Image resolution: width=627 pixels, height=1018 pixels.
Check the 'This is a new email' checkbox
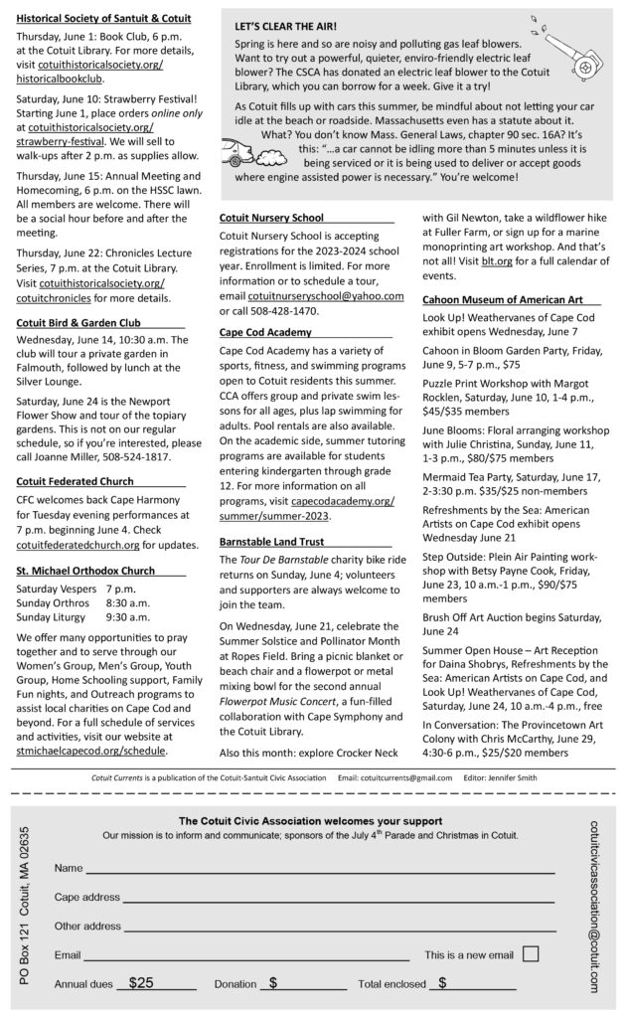531,953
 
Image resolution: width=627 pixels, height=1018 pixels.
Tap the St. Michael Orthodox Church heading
85,571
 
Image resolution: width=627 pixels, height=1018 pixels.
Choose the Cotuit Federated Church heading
80,481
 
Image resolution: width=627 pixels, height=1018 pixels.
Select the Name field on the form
318,869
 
